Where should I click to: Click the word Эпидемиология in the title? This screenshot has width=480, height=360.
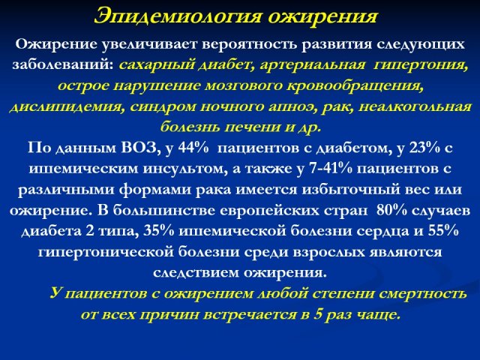coord(178,16)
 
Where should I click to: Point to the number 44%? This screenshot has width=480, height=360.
coord(193,148)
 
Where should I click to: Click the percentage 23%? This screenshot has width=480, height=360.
coord(424,148)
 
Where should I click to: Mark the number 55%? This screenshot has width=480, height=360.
coord(443,231)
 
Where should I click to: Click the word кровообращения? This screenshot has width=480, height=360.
coord(355,86)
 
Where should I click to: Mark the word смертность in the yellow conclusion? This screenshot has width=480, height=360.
coord(423,294)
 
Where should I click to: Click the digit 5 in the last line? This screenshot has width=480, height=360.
coord(319,315)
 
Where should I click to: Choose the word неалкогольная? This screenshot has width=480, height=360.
coord(415,106)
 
